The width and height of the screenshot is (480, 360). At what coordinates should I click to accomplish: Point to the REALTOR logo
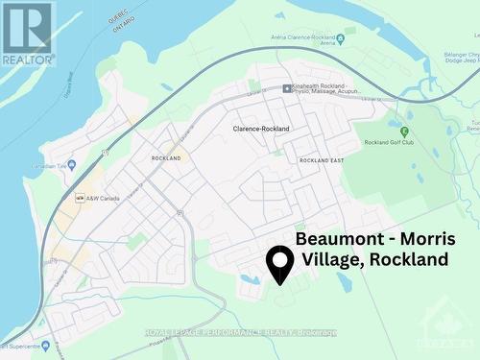click(27, 34)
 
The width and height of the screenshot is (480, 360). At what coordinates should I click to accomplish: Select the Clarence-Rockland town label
click(261, 128)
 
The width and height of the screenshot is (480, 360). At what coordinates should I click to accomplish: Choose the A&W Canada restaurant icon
click(80, 198)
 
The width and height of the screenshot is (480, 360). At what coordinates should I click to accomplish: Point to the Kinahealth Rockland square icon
click(286, 89)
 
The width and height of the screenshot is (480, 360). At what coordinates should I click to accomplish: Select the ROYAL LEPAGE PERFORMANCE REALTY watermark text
click(240, 333)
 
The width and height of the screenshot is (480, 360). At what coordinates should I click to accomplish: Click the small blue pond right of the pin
click(345, 281)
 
